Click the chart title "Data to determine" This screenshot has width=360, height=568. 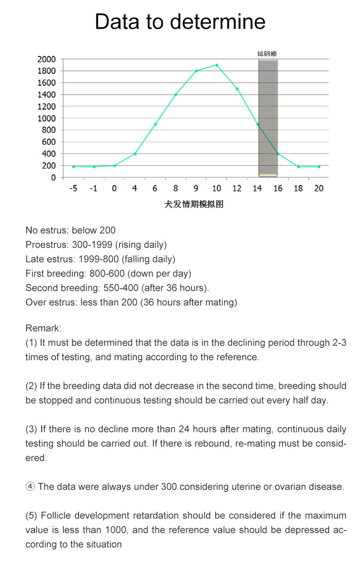(x=180, y=22)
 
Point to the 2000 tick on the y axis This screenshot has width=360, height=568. (x=47, y=59)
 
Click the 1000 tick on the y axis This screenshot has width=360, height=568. (x=47, y=118)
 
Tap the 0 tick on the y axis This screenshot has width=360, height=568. (x=53, y=178)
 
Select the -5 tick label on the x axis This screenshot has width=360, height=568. (x=73, y=189)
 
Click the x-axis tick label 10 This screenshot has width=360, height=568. (x=216, y=189)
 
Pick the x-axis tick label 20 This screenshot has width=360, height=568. (x=319, y=189)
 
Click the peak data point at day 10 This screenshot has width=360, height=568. (x=216, y=65)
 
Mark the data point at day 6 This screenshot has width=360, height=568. (x=155, y=124)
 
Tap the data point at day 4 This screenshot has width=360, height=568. (x=135, y=154)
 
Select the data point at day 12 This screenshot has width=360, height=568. (x=237, y=89)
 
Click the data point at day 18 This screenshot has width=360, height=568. (x=298, y=167)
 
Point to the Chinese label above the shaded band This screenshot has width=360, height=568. (x=267, y=54)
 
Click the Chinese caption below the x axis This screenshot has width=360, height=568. (x=194, y=204)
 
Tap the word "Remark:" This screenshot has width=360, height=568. (x=43, y=328)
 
